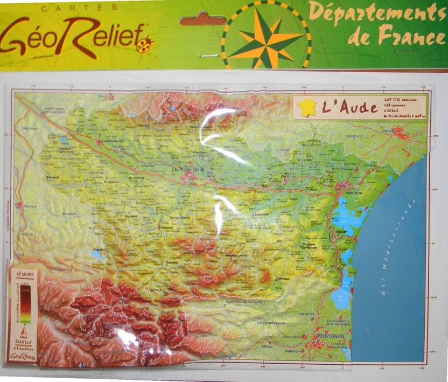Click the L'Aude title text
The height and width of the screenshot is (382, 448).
(x=349, y=107)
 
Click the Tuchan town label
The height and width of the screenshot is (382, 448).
(x=282, y=279)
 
